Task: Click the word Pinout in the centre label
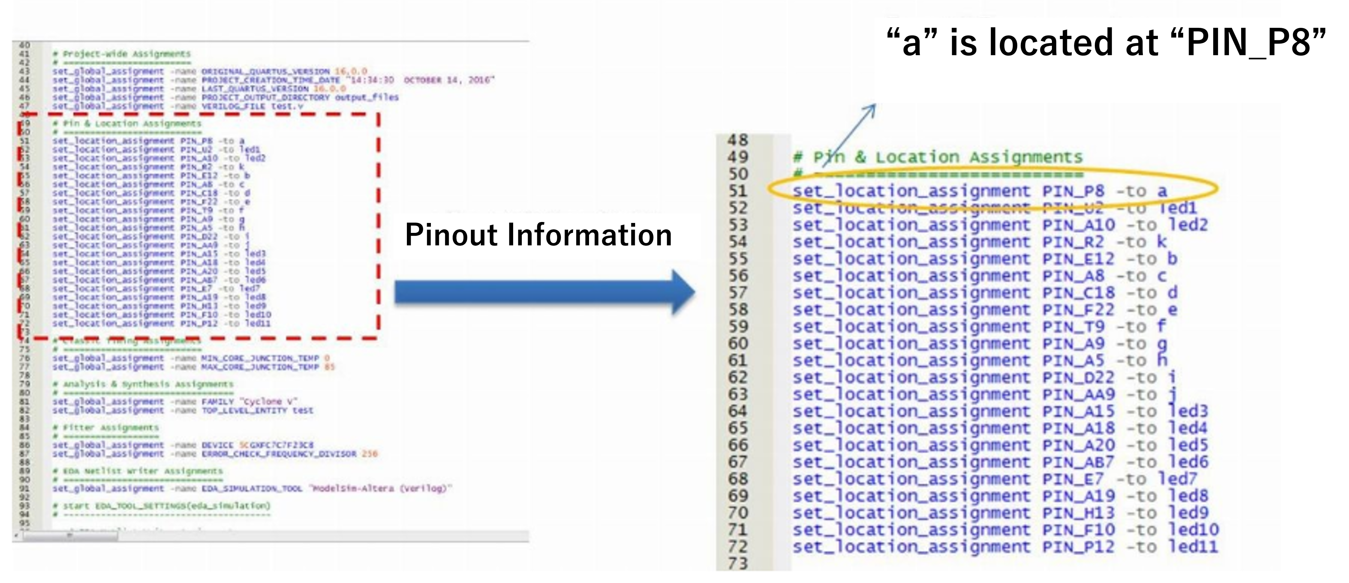click(x=452, y=235)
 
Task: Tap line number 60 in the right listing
click(x=738, y=344)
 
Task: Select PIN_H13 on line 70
click(x=1078, y=513)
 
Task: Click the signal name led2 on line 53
click(x=1188, y=225)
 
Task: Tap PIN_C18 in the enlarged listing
click(x=1078, y=293)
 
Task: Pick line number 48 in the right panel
click(x=738, y=140)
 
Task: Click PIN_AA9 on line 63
click(x=1078, y=394)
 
